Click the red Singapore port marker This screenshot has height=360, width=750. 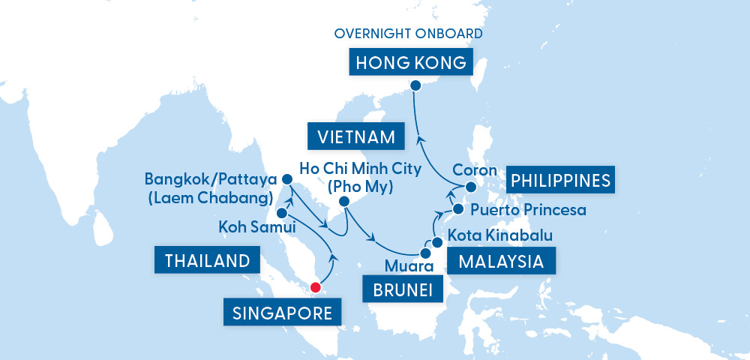point(316,286)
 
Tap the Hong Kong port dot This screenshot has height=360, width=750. point(417,85)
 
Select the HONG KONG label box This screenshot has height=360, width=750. point(411,62)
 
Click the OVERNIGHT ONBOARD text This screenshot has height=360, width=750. point(409,34)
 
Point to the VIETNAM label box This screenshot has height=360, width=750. point(356,137)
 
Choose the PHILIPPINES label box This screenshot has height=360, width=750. point(560,180)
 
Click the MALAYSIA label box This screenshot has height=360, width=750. point(501,262)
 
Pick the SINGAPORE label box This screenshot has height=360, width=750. point(277,312)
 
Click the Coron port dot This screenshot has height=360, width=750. point(470,187)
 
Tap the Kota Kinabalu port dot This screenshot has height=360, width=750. point(436,242)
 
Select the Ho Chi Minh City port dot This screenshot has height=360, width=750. point(344,202)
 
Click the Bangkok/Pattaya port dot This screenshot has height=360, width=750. point(286,180)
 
